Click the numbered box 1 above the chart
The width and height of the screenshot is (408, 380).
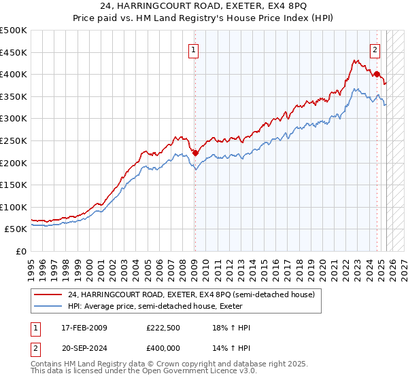pos(194,49)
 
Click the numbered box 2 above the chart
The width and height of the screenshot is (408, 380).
pos(375,49)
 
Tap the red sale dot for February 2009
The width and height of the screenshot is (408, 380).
pos(195,153)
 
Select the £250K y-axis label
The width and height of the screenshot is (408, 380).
pos(14,140)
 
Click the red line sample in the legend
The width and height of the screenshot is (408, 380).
pos(48,295)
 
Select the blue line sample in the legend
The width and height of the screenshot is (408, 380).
pos(48,306)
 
